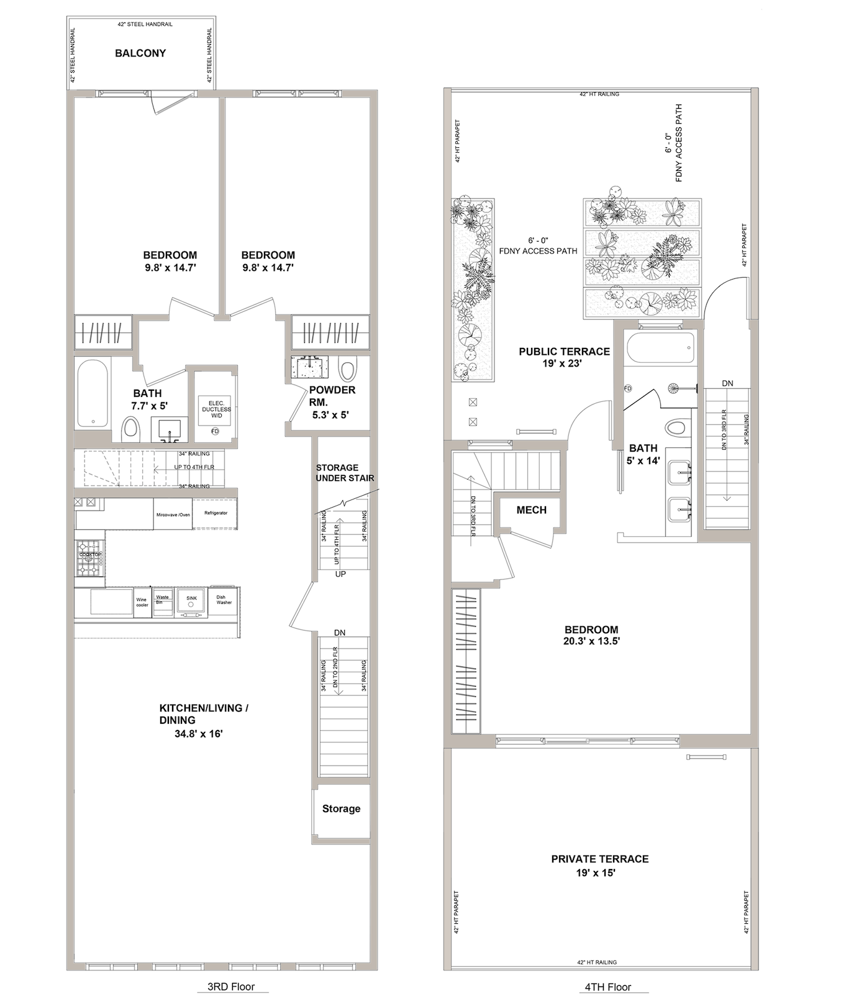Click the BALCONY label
click(x=140, y=53)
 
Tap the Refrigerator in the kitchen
click(x=216, y=513)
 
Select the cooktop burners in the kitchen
click(x=89, y=557)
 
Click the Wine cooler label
click(x=142, y=603)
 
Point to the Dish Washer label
click(x=224, y=600)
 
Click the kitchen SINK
click(x=191, y=602)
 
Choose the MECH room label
click(x=532, y=510)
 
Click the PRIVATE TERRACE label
click(x=600, y=859)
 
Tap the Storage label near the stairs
click(x=341, y=809)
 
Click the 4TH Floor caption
click(x=607, y=987)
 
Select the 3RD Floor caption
click(x=231, y=987)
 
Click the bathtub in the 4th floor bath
click(x=660, y=349)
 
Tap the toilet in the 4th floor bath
click(x=676, y=428)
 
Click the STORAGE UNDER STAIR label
click(x=345, y=473)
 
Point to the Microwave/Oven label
click(x=173, y=514)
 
